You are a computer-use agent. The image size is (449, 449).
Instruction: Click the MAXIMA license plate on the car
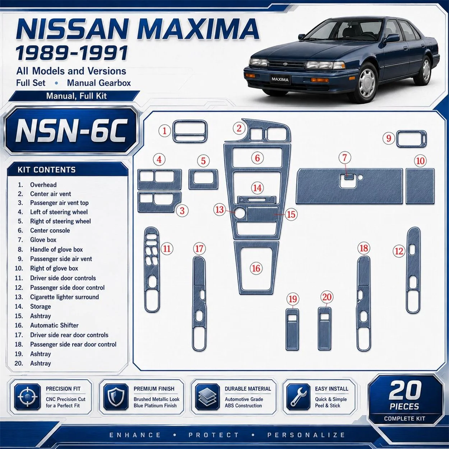tap(280, 79)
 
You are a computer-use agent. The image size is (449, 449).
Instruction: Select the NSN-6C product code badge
tap(71, 131)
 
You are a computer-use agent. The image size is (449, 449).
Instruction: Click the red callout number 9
tap(389, 138)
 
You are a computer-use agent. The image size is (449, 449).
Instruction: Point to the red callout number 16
tap(256, 268)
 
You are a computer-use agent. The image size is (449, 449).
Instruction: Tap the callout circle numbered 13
tap(219, 209)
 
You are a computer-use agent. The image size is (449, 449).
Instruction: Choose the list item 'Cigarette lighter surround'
tap(65, 297)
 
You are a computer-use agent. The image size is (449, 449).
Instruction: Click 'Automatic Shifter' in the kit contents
tap(54, 325)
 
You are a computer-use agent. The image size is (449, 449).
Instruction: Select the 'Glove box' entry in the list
tap(43, 240)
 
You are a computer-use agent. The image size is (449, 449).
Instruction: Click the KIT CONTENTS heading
tap(47, 170)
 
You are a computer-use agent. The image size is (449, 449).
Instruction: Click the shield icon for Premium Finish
tap(116, 397)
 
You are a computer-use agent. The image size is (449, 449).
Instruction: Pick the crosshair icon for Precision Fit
tap(27, 397)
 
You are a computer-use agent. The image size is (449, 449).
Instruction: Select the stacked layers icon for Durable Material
tap(207, 397)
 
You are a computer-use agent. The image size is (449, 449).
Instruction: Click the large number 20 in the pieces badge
tap(405, 390)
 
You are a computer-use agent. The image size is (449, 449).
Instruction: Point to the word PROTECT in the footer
tap(214, 435)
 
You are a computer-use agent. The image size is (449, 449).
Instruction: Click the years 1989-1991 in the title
tap(71, 53)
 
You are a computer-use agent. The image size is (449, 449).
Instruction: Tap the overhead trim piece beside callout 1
tap(190, 131)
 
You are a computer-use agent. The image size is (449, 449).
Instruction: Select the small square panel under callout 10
tap(420, 186)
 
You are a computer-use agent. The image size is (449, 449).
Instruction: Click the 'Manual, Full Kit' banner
tap(77, 96)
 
